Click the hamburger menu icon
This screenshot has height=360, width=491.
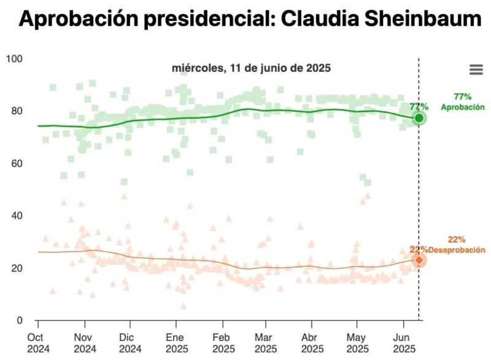(476, 69)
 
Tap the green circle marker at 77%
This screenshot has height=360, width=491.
(419, 118)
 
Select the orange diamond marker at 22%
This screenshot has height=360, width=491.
(419, 260)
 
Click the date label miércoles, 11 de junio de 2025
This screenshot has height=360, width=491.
(252, 68)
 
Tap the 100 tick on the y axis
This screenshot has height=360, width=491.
(14, 59)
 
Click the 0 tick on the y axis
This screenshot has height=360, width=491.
(20, 321)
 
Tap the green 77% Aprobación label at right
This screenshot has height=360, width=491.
(462, 102)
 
